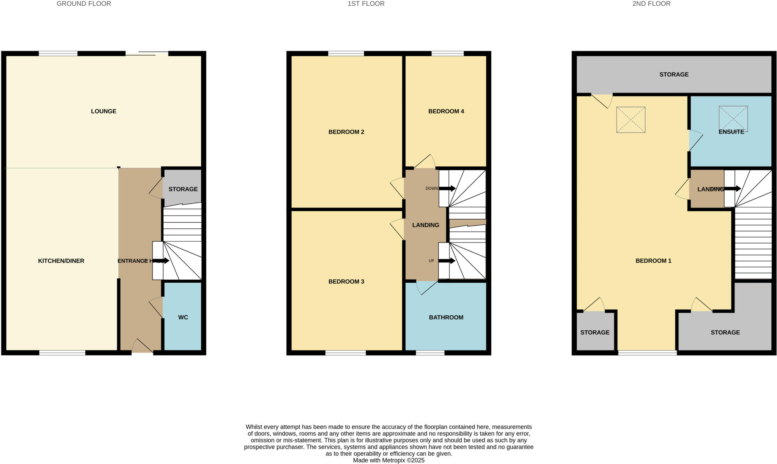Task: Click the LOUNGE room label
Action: coord(104,111)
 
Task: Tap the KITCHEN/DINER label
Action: coord(61,261)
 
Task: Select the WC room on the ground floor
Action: coord(183,317)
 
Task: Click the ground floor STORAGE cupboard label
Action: coord(183,189)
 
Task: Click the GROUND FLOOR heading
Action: coord(84,4)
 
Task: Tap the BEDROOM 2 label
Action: coord(346,132)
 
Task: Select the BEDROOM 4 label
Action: coord(446,111)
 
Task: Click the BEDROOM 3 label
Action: coord(346,282)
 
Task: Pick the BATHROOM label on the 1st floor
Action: coord(446,317)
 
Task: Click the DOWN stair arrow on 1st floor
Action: coord(447,189)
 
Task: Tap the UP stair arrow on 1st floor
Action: coord(447,261)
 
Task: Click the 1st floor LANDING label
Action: coord(425,225)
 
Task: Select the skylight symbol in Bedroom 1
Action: coord(631,120)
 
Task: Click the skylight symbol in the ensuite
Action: coord(733,118)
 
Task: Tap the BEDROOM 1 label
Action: coord(653,261)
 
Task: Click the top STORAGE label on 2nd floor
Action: coord(674,74)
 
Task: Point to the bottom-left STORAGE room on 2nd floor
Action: coord(595,332)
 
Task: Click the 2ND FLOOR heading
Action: coord(651,4)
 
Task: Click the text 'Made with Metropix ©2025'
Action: coord(388,460)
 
